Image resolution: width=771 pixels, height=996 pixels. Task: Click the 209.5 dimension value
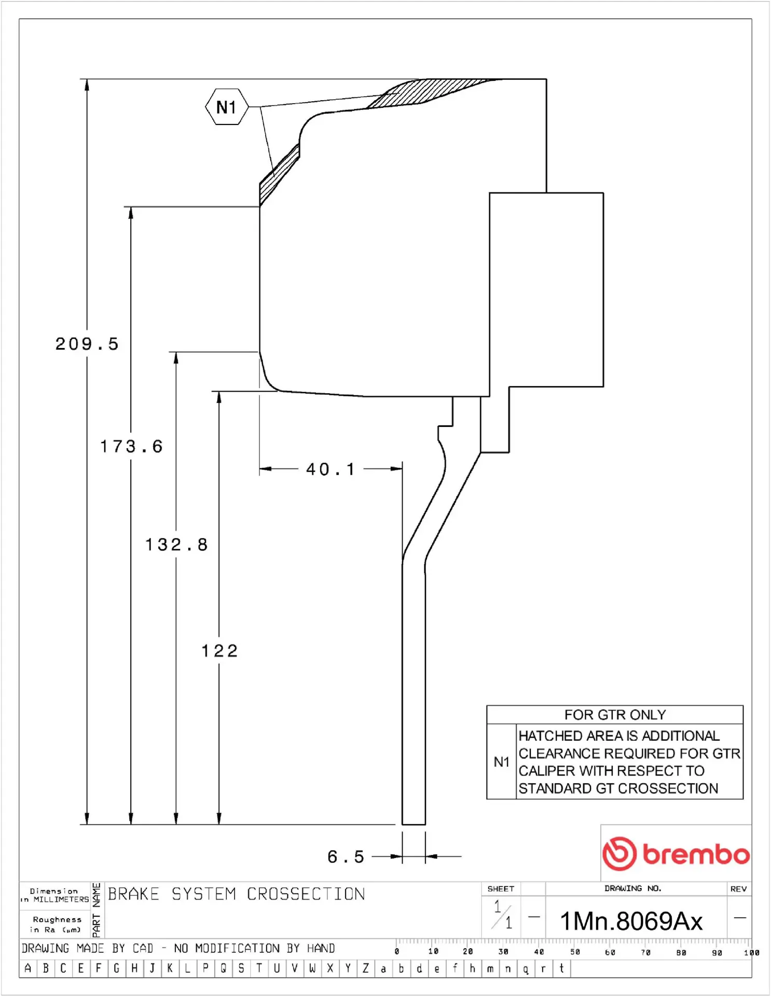[x=87, y=344]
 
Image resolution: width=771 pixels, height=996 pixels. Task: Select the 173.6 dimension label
[x=131, y=446]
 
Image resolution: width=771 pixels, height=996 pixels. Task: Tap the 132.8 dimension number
[x=176, y=545]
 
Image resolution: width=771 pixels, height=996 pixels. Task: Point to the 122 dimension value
[x=219, y=651]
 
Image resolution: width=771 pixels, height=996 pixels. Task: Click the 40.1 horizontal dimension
[x=331, y=469]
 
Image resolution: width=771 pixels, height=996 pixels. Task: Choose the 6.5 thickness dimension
[x=346, y=856]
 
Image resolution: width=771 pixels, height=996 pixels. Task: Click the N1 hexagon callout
[x=226, y=107]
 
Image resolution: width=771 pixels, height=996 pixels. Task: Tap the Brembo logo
[x=676, y=853]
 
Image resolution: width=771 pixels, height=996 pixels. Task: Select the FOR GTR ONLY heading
[x=615, y=715]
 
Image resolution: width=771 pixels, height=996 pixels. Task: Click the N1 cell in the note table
[x=501, y=762]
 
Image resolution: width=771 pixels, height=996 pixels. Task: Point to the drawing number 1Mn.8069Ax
[x=631, y=921]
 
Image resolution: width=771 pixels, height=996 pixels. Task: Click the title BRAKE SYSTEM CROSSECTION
[x=236, y=894]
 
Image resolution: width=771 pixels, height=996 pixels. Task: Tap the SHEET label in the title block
[x=501, y=889]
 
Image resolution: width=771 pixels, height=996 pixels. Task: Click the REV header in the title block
[x=738, y=889]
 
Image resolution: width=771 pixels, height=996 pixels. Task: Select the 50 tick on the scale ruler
[x=574, y=952]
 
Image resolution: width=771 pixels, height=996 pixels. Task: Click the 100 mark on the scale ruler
[x=751, y=952]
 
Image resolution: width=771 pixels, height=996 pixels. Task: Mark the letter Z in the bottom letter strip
[x=365, y=968]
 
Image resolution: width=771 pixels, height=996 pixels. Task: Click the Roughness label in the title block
[x=57, y=919]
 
